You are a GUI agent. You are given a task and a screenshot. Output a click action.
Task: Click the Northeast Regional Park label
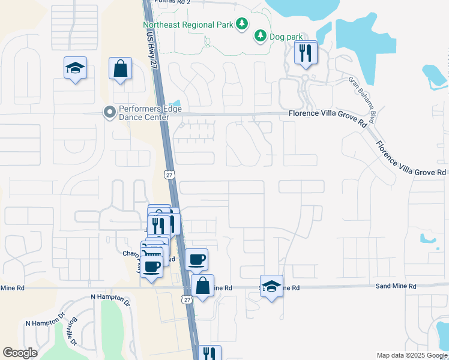tap(187, 25)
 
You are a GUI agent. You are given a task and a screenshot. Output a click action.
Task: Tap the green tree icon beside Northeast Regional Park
tap(241, 24)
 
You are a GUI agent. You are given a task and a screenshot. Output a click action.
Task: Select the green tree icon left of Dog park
tap(261, 37)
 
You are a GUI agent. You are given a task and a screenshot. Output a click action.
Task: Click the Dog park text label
tap(286, 37)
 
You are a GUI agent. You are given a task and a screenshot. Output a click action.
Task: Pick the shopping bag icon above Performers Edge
tap(120, 68)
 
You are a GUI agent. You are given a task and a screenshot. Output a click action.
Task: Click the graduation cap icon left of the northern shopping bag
tap(76, 68)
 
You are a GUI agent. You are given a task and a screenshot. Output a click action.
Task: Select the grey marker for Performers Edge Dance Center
tap(109, 112)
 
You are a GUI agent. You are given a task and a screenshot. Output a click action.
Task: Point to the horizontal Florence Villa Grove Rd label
tap(327, 113)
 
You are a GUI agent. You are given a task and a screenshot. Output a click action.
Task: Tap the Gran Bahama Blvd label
tap(362, 100)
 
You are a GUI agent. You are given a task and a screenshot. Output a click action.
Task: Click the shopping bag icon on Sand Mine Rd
tap(203, 287)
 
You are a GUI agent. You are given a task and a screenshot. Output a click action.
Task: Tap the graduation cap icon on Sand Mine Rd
tap(271, 287)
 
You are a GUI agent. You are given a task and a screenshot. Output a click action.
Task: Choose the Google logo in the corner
tap(20, 353)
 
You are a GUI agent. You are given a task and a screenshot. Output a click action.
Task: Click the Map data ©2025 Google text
tap(412, 355)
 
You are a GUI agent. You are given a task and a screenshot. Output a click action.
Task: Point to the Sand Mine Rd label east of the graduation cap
tap(396, 287)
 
